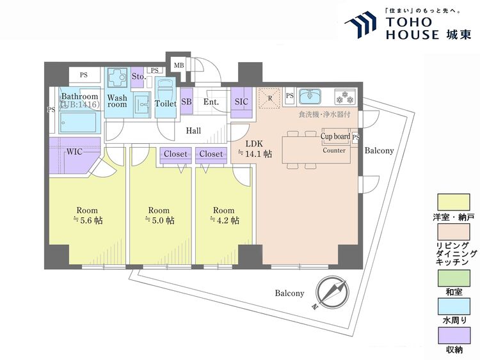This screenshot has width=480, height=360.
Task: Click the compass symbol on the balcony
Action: click(x=332, y=292)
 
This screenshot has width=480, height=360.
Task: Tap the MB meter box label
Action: click(x=179, y=65)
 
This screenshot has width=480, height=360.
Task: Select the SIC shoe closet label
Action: click(x=241, y=102)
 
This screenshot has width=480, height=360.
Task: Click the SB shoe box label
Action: click(x=186, y=102)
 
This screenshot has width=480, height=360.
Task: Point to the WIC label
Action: click(x=74, y=152)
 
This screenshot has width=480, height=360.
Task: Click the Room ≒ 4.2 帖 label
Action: click(x=224, y=215)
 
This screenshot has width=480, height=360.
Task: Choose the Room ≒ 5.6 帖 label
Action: click(x=88, y=215)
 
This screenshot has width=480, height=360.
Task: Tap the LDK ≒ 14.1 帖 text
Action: click(x=255, y=149)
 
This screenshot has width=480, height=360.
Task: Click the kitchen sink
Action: click(x=310, y=97)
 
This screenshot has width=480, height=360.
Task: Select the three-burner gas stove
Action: click(x=345, y=97)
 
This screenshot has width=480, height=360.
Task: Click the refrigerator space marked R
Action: click(x=269, y=98)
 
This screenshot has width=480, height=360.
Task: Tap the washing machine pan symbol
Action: click(x=117, y=77)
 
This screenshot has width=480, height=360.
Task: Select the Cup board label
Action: click(x=335, y=136)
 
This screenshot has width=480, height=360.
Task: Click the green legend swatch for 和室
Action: click(x=454, y=278)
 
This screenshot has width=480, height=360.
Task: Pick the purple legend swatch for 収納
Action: click(x=454, y=336)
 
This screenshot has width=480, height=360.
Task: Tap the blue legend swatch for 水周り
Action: click(x=454, y=306)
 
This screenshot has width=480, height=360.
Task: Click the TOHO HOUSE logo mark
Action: click(x=360, y=25)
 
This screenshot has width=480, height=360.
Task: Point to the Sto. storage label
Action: click(x=139, y=77)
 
